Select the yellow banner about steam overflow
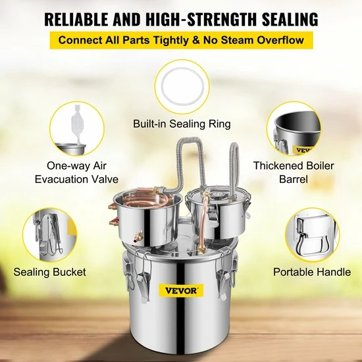click(x=181, y=40)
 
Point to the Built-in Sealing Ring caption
click(x=181, y=122)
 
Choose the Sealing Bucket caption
click(x=51, y=271)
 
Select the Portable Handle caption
click(x=313, y=271)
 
